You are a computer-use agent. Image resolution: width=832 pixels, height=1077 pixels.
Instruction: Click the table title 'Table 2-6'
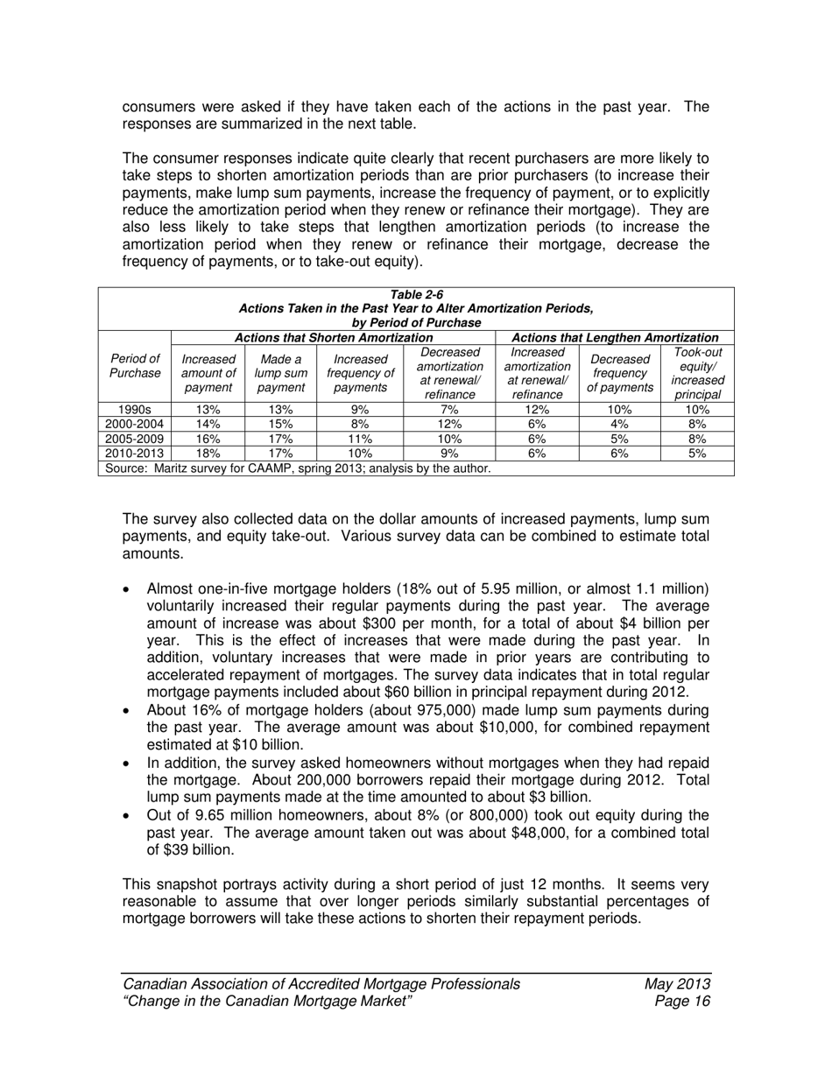416,295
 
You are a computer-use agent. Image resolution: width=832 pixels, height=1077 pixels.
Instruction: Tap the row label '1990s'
135,409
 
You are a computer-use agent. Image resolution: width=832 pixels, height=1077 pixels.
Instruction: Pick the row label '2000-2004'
135,424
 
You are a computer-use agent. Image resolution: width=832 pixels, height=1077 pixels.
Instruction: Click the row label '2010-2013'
135,454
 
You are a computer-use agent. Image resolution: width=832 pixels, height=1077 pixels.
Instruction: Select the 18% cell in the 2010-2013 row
208,454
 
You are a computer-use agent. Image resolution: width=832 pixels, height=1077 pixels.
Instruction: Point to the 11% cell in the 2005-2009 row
361,439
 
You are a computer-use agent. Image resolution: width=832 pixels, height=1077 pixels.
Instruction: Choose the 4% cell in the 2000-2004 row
620,424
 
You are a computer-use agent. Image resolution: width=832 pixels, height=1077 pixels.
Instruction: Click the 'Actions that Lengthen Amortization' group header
614,337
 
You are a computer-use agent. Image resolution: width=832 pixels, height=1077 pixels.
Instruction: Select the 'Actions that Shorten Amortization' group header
333,337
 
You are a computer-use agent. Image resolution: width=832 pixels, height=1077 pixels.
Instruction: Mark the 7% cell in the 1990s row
449,409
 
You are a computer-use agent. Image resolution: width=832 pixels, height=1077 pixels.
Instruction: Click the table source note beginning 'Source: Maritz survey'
298,468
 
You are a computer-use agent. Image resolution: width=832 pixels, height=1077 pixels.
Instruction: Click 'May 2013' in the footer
676,983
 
